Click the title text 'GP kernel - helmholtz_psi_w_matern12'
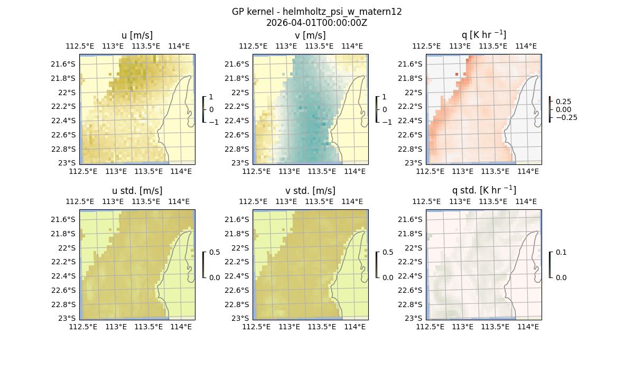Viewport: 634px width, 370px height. [x=317, y=12]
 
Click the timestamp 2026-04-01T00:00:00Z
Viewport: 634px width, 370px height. [x=317, y=23]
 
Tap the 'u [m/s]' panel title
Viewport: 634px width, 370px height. [x=137, y=35]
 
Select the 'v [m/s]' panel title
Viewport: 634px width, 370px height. [x=310, y=35]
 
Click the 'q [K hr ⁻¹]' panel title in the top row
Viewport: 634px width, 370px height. [x=483, y=35]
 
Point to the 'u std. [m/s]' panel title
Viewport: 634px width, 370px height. [x=137, y=191]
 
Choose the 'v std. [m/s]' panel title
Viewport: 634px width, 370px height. [x=310, y=191]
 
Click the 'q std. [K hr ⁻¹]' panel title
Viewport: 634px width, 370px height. [x=483, y=190]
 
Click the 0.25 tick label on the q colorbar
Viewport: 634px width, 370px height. [x=562, y=101]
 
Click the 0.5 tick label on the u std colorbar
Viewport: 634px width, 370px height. [x=215, y=252]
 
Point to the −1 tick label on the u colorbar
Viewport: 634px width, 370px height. [x=215, y=122]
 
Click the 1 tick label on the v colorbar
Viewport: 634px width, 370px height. [x=385, y=97]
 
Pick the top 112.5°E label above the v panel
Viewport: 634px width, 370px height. [x=254, y=46]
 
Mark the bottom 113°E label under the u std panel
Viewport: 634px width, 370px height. [x=116, y=327]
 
